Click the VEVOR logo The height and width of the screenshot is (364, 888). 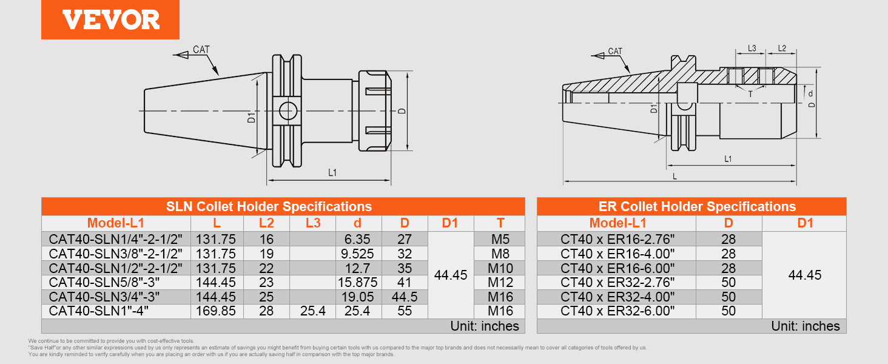110,19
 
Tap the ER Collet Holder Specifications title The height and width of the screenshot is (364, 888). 691,206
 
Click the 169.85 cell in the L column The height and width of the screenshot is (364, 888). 217,311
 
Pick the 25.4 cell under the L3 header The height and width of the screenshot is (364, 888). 312,311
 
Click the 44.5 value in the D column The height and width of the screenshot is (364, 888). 405,297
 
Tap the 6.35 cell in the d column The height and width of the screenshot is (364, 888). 358,239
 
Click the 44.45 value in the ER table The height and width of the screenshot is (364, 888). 804,275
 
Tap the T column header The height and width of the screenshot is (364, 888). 500,223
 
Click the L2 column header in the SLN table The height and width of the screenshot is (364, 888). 266,223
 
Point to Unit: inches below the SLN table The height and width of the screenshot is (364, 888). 485,326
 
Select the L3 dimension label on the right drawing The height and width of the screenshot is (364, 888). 752,48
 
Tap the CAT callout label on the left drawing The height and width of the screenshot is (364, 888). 201,49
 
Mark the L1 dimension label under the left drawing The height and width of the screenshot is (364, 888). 332,173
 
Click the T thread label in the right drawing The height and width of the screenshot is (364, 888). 750,94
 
